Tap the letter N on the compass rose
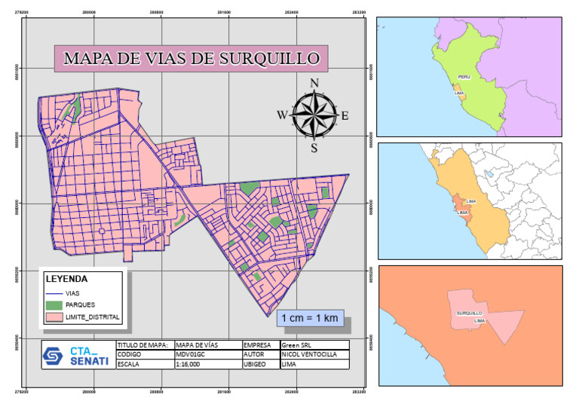click(315, 83)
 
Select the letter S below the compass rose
click(314, 148)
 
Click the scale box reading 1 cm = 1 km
click(310, 319)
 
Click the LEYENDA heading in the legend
click(71, 277)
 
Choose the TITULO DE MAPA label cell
click(144, 344)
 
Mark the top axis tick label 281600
click(224, 12)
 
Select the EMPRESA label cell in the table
click(259, 344)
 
